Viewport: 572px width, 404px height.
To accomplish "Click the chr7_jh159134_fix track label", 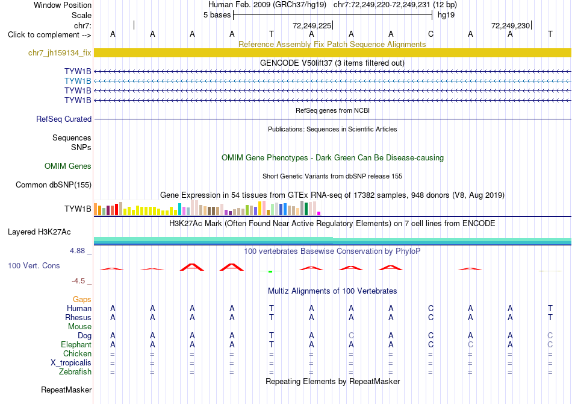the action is tap(60, 53).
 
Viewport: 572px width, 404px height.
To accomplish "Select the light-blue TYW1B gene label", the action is tap(78, 81).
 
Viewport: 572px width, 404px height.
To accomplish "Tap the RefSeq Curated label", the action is tap(64, 119).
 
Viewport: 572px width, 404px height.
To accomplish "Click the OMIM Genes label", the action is tap(68, 166).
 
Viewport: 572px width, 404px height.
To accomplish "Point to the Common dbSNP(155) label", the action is tap(54, 185).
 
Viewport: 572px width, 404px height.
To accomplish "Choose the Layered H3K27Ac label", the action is tap(39, 232).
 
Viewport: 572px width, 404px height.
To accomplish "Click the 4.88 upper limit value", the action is tap(77, 251).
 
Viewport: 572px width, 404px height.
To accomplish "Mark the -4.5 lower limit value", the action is tap(78, 281).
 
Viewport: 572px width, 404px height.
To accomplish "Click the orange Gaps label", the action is tap(82, 300).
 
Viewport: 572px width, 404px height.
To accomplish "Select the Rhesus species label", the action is tap(78, 317).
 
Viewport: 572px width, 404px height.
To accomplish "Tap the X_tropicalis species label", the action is tap(71, 363).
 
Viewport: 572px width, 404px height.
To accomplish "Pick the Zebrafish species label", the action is tap(75, 372).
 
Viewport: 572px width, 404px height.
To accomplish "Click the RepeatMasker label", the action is tap(66, 390).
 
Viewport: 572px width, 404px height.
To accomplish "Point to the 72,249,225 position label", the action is tap(312, 25).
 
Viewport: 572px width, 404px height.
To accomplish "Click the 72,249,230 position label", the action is tap(511, 25).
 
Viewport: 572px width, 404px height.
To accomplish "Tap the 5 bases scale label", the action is tap(217, 15).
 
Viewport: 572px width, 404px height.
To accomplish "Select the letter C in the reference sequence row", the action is tap(431, 34).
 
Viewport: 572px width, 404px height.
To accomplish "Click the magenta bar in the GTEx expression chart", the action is tap(319, 213).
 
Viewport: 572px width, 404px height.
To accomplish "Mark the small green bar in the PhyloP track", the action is tap(270, 271).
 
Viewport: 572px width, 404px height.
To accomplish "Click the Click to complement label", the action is tap(49, 35).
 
